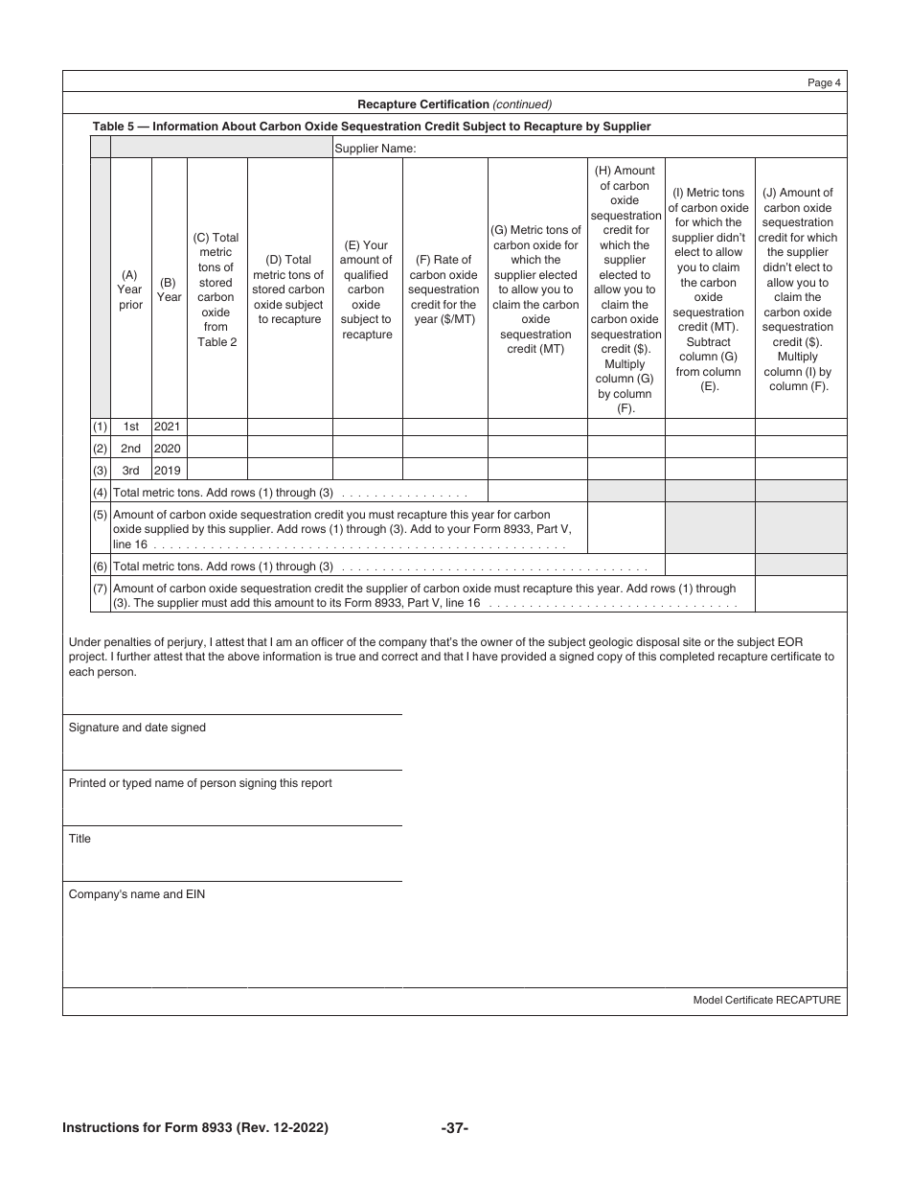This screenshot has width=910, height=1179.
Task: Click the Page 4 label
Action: (824, 82)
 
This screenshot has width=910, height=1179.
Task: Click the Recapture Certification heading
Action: (454, 104)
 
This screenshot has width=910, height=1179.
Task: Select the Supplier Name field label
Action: (375, 149)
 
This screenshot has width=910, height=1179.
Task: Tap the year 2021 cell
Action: (169, 426)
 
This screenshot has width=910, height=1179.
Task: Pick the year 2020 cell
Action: (169, 448)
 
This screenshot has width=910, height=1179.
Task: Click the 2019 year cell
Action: (169, 471)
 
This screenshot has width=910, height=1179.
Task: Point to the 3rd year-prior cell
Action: (130, 471)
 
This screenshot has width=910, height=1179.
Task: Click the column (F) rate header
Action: (444, 289)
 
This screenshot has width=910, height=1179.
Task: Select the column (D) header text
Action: (289, 289)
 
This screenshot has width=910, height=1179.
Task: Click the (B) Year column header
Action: (169, 289)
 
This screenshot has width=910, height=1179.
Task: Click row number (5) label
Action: (100, 515)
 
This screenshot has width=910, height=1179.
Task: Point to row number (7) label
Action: (100, 589)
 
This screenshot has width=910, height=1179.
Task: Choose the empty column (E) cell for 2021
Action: (367, 427)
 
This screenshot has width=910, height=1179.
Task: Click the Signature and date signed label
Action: (137, 728)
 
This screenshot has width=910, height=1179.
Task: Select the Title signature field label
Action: (80, 839)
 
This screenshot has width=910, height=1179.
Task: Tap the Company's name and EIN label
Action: (136, 894)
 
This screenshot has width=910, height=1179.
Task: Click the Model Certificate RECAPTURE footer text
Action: (766, 1000)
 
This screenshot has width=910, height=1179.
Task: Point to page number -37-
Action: (454, 1128)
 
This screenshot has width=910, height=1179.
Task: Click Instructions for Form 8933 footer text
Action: (195, 1128)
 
